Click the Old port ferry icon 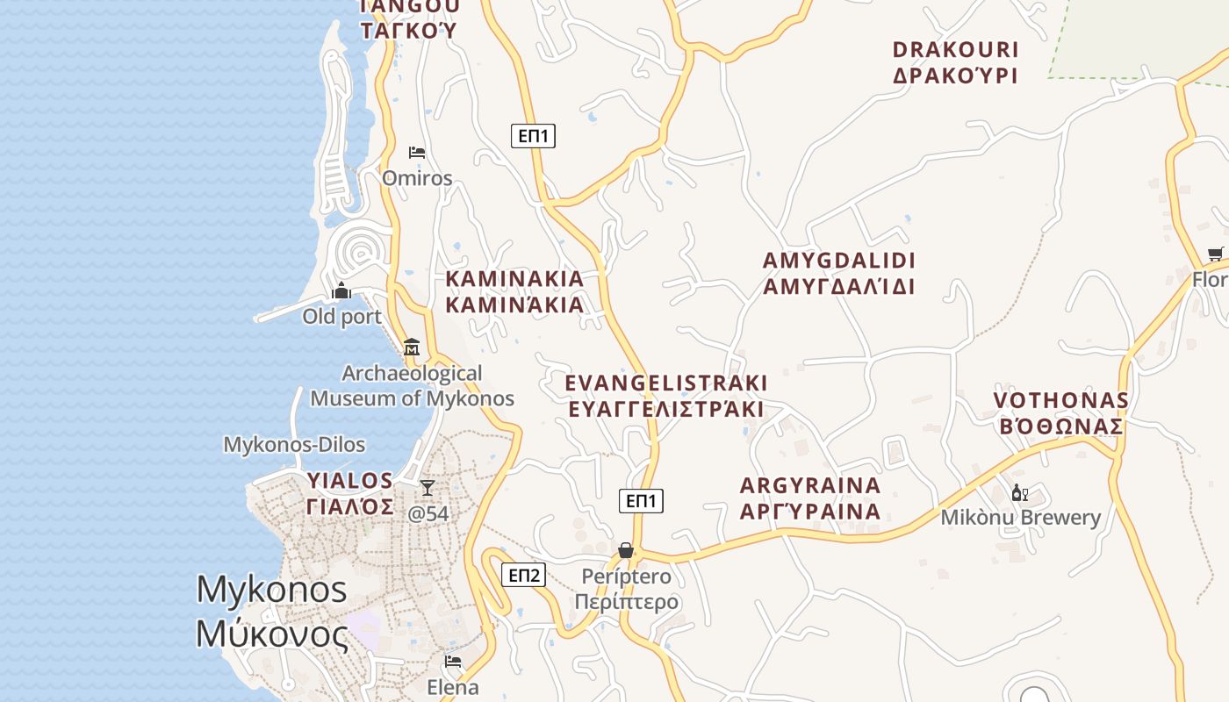coord(341,291)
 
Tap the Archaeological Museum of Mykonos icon coord(412,347)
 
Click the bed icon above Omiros coord(417,153)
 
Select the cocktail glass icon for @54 coord(428,487)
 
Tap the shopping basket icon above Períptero coord(626,550)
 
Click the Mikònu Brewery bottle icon coord(1019,492)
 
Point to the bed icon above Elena coord(453,661)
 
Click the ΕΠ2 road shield coord(524,576)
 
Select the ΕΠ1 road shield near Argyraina coord(642,501)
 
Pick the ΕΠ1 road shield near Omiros coord(533,135)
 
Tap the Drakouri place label coord(955,62)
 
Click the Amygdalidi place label coord(838,273)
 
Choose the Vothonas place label coord(1060,413)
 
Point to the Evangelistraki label coord(665,396)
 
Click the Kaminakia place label coord(514,291)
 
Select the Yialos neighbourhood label coord(350,493)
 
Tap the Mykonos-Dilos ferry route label coord(294,444)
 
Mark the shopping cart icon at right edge coord(1216,254)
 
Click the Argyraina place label coord(809,498)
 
